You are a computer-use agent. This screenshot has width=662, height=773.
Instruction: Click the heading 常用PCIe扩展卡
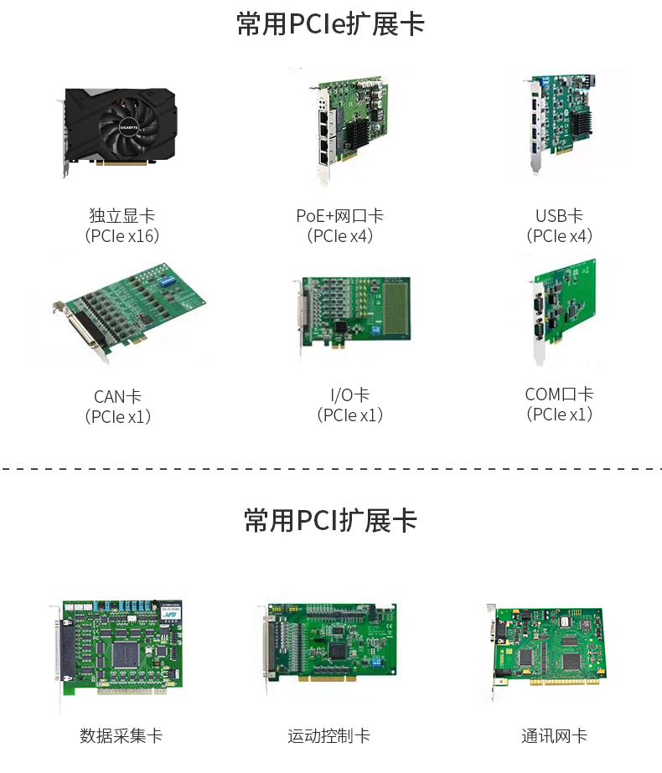(x=330, y=23)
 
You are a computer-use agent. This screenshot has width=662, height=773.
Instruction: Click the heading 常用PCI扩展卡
(x=330, y=521)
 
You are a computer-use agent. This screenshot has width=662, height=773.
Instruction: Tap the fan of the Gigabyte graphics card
(x=129, y=127)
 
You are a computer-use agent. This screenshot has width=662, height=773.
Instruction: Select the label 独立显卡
(x=122, y=215)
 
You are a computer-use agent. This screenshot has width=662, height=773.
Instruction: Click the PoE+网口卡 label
(x=339, y=215)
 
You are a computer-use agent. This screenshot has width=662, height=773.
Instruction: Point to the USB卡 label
(x=560, y=215)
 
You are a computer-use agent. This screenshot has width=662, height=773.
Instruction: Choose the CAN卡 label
(x=118, y=396)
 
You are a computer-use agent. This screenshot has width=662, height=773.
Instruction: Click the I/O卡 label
(x=349, y=395)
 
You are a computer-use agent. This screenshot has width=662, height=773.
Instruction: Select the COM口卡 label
(x=560, y=394)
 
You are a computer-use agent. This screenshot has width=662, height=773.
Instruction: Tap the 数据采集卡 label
(x=122, y=735)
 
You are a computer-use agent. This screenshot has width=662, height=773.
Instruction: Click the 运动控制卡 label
(x=329, y=735)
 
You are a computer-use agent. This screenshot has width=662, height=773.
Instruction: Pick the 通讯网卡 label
(x=555, y=735)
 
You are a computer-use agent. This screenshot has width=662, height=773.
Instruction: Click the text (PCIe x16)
(x=122, y=235)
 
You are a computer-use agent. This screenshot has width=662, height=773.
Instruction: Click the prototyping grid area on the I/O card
(x=396, y=308)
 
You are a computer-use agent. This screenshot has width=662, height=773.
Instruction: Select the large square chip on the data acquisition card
(x=125, y=655)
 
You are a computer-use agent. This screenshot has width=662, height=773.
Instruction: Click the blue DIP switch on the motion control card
(x=376, y=662)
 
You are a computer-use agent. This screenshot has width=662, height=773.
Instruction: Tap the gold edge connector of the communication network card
(x=565, y=682)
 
